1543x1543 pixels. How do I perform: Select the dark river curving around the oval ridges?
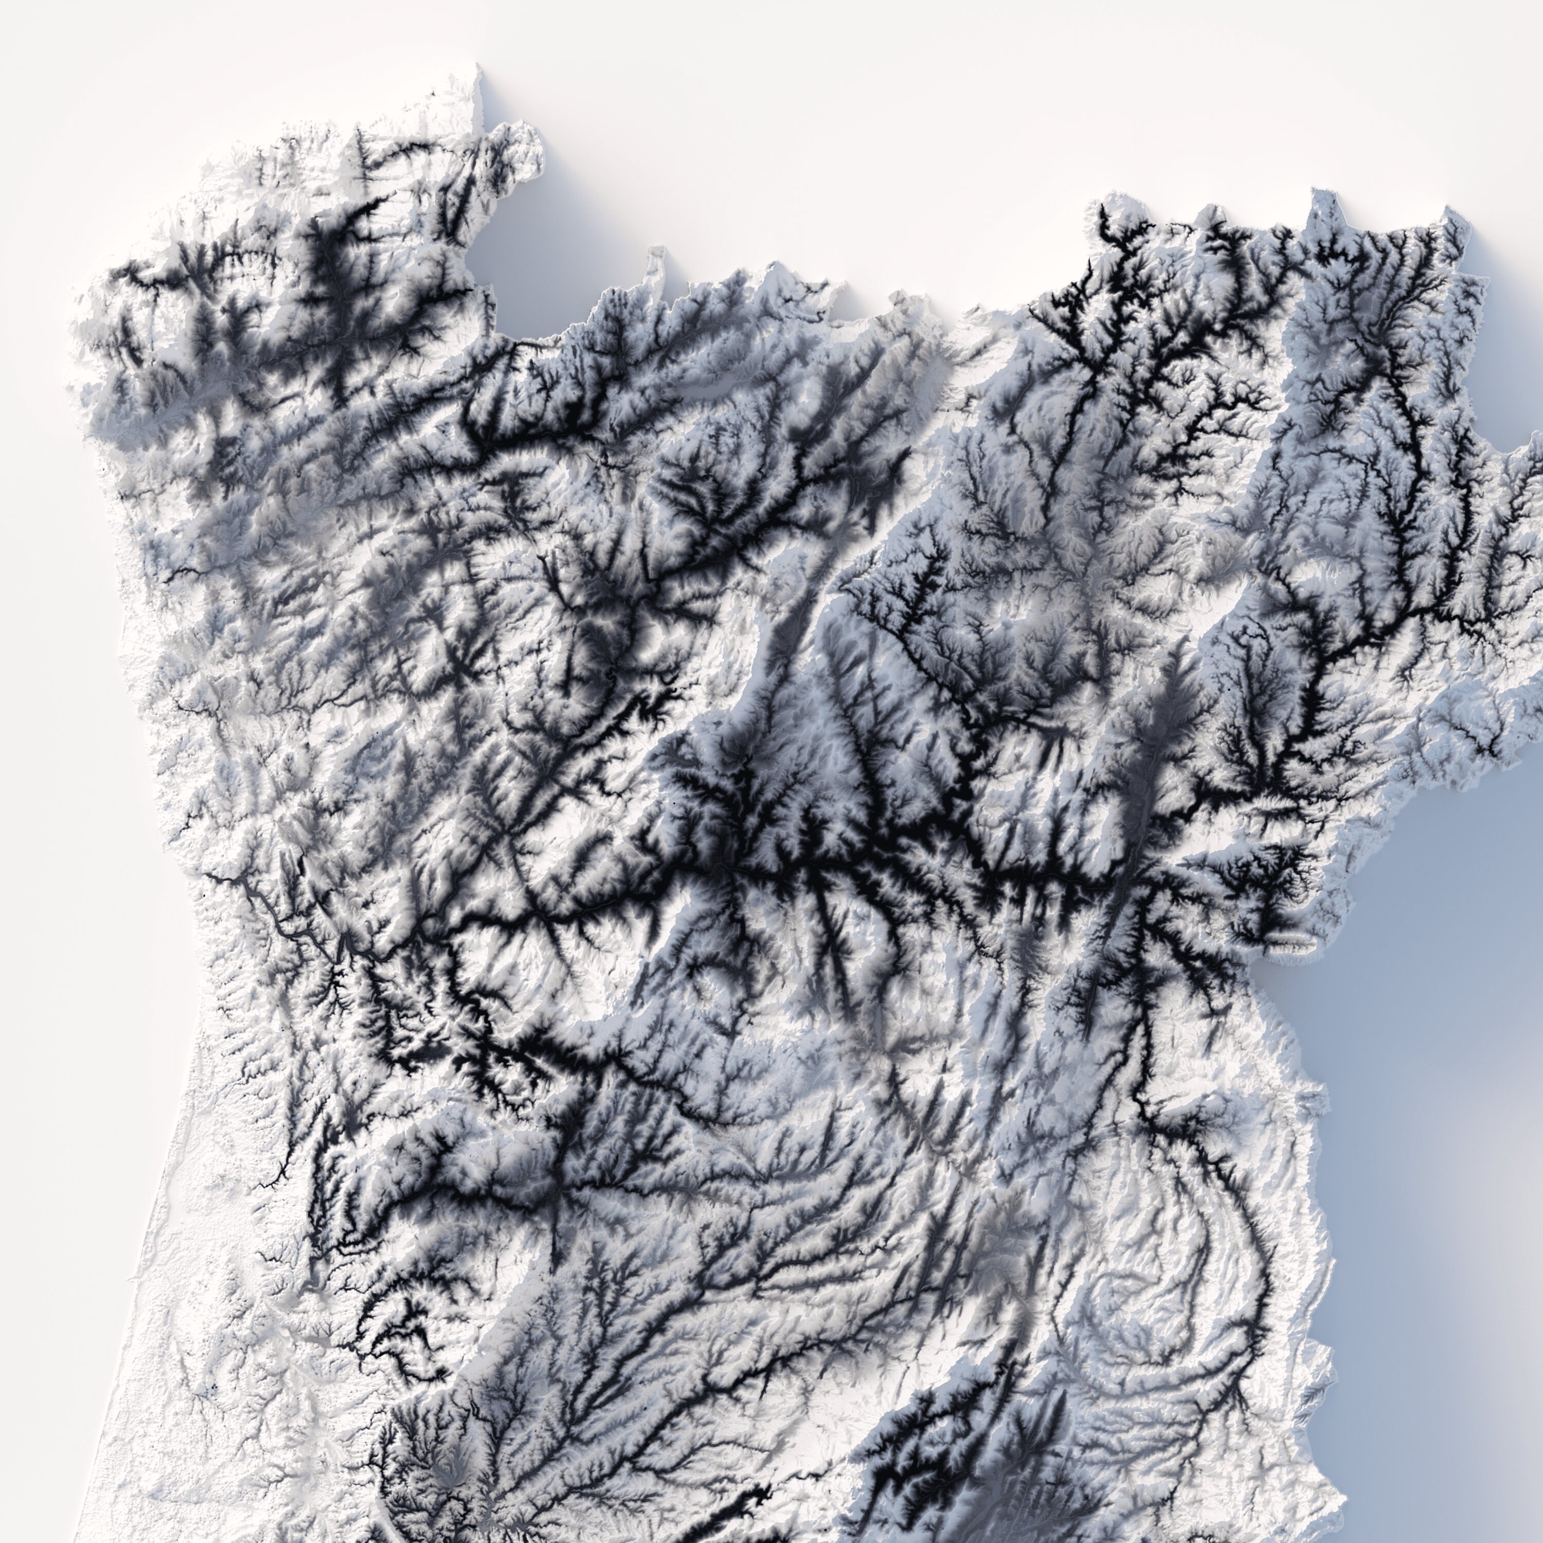pos(1230,1246)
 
